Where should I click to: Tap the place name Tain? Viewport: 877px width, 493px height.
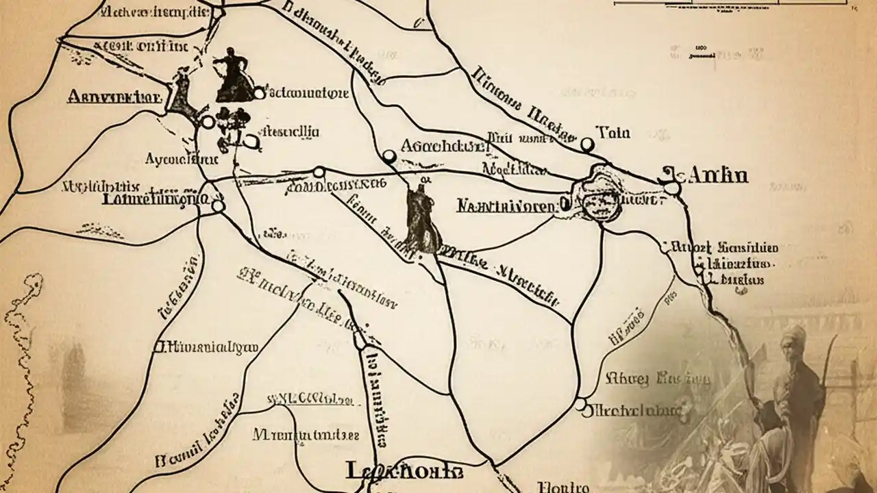click(x=613, y=132)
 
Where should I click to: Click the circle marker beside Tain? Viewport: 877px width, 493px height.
click(x=586, y=144)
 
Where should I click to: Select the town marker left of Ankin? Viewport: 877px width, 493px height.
click(x=671, y=188)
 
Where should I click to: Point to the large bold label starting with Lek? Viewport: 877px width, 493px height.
click(x=404, y=471)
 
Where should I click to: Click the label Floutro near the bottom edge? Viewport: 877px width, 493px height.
click(x=563, y=487)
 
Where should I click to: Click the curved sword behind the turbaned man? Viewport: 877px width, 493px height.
click(x=831, y=356)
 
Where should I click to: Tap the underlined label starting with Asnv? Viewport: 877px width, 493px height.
click(x=114, y=97)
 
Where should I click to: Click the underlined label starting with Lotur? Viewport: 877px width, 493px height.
click(x=154, y=199)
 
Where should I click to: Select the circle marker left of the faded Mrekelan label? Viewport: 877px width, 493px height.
click(x=581, y=406)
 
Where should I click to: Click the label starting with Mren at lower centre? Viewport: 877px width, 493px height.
click(x=305, y=434)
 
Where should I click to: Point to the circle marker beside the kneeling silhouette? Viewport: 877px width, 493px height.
click(x=258, y=93)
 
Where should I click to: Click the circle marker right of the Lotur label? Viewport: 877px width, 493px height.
click(x=218, y=205)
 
